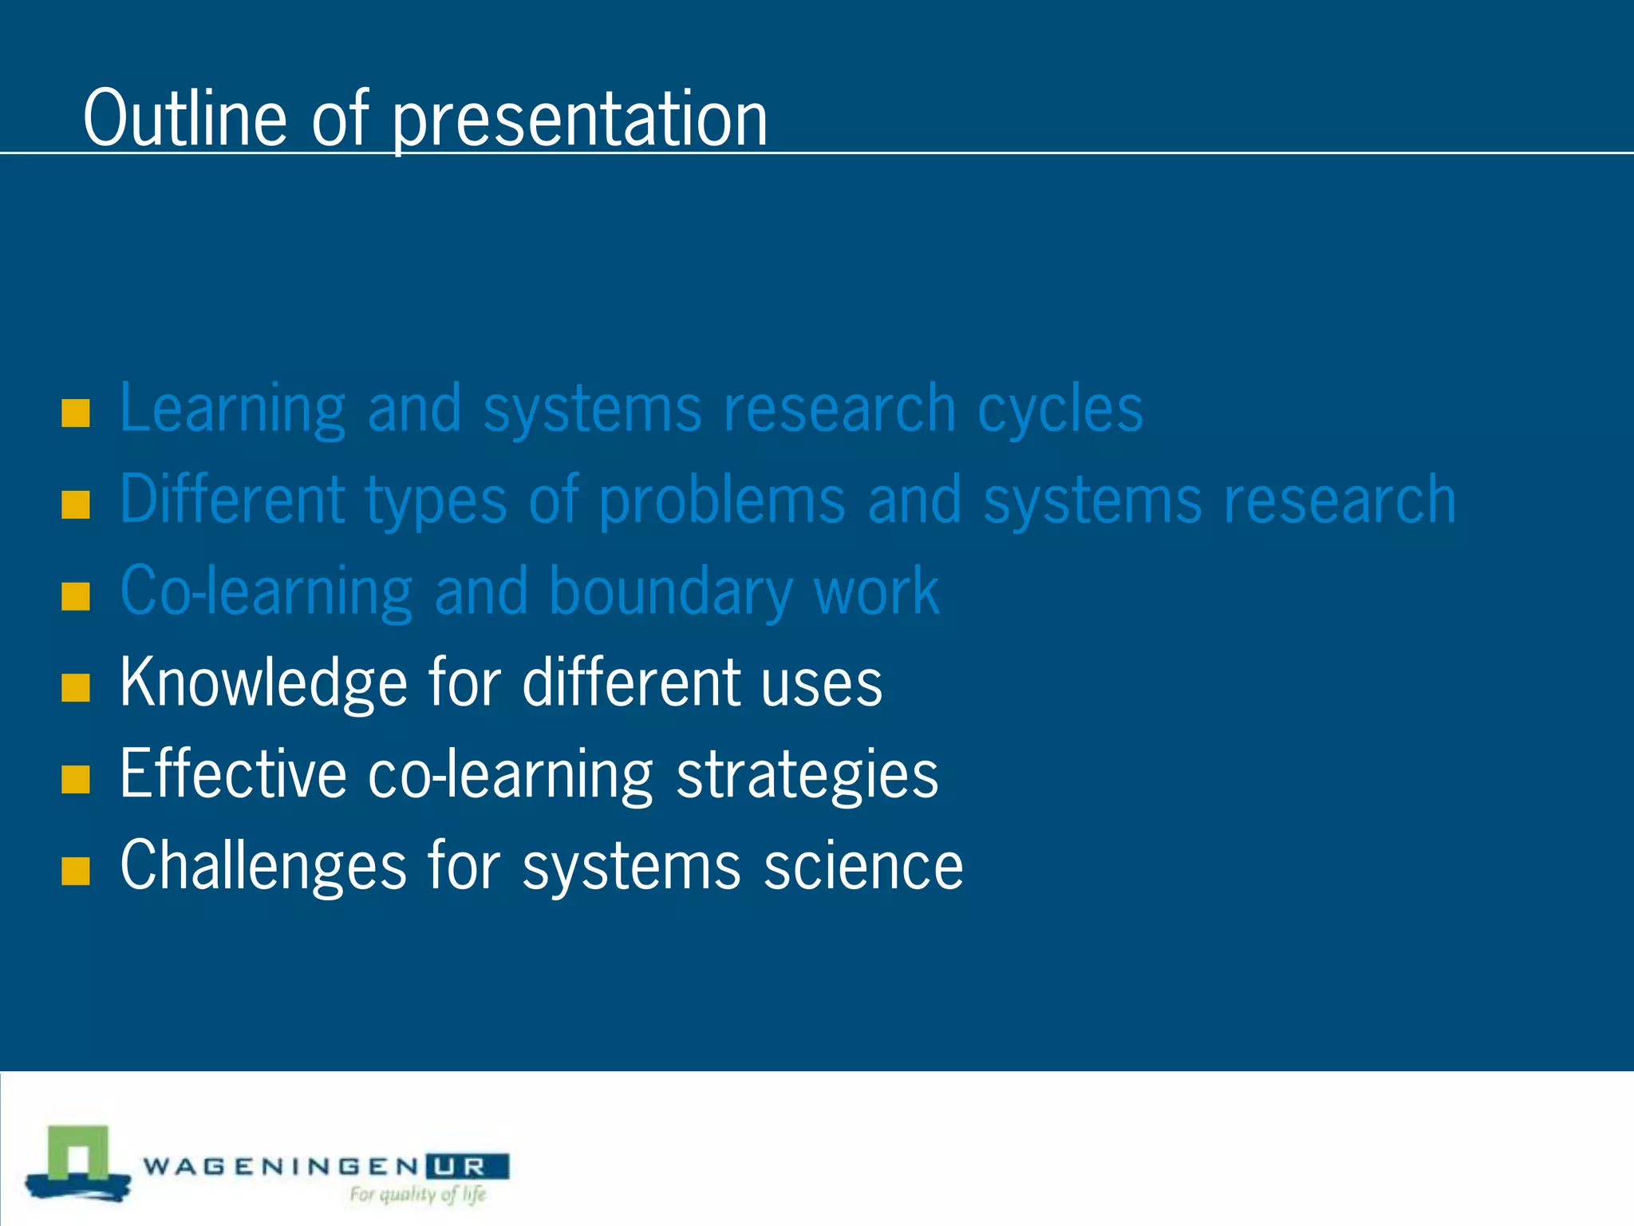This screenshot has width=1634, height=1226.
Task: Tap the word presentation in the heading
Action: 579,120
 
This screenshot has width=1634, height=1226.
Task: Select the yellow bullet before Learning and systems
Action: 76,413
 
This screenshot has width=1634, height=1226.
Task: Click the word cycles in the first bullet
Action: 1060,409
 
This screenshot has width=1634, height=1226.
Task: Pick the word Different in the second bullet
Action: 232,500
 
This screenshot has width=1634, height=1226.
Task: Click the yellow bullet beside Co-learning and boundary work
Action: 76,596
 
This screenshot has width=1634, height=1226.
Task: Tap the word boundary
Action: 670,592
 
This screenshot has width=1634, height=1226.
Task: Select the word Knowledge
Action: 263,683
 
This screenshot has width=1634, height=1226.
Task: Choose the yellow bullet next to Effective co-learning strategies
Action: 76,779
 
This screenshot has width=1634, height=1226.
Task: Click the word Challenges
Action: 263,866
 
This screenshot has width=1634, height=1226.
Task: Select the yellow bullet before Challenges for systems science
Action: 76,871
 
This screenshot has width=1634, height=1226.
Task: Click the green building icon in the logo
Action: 78,1157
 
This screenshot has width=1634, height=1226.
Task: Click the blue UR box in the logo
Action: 467,1167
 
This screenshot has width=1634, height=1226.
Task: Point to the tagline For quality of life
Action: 417,1195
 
